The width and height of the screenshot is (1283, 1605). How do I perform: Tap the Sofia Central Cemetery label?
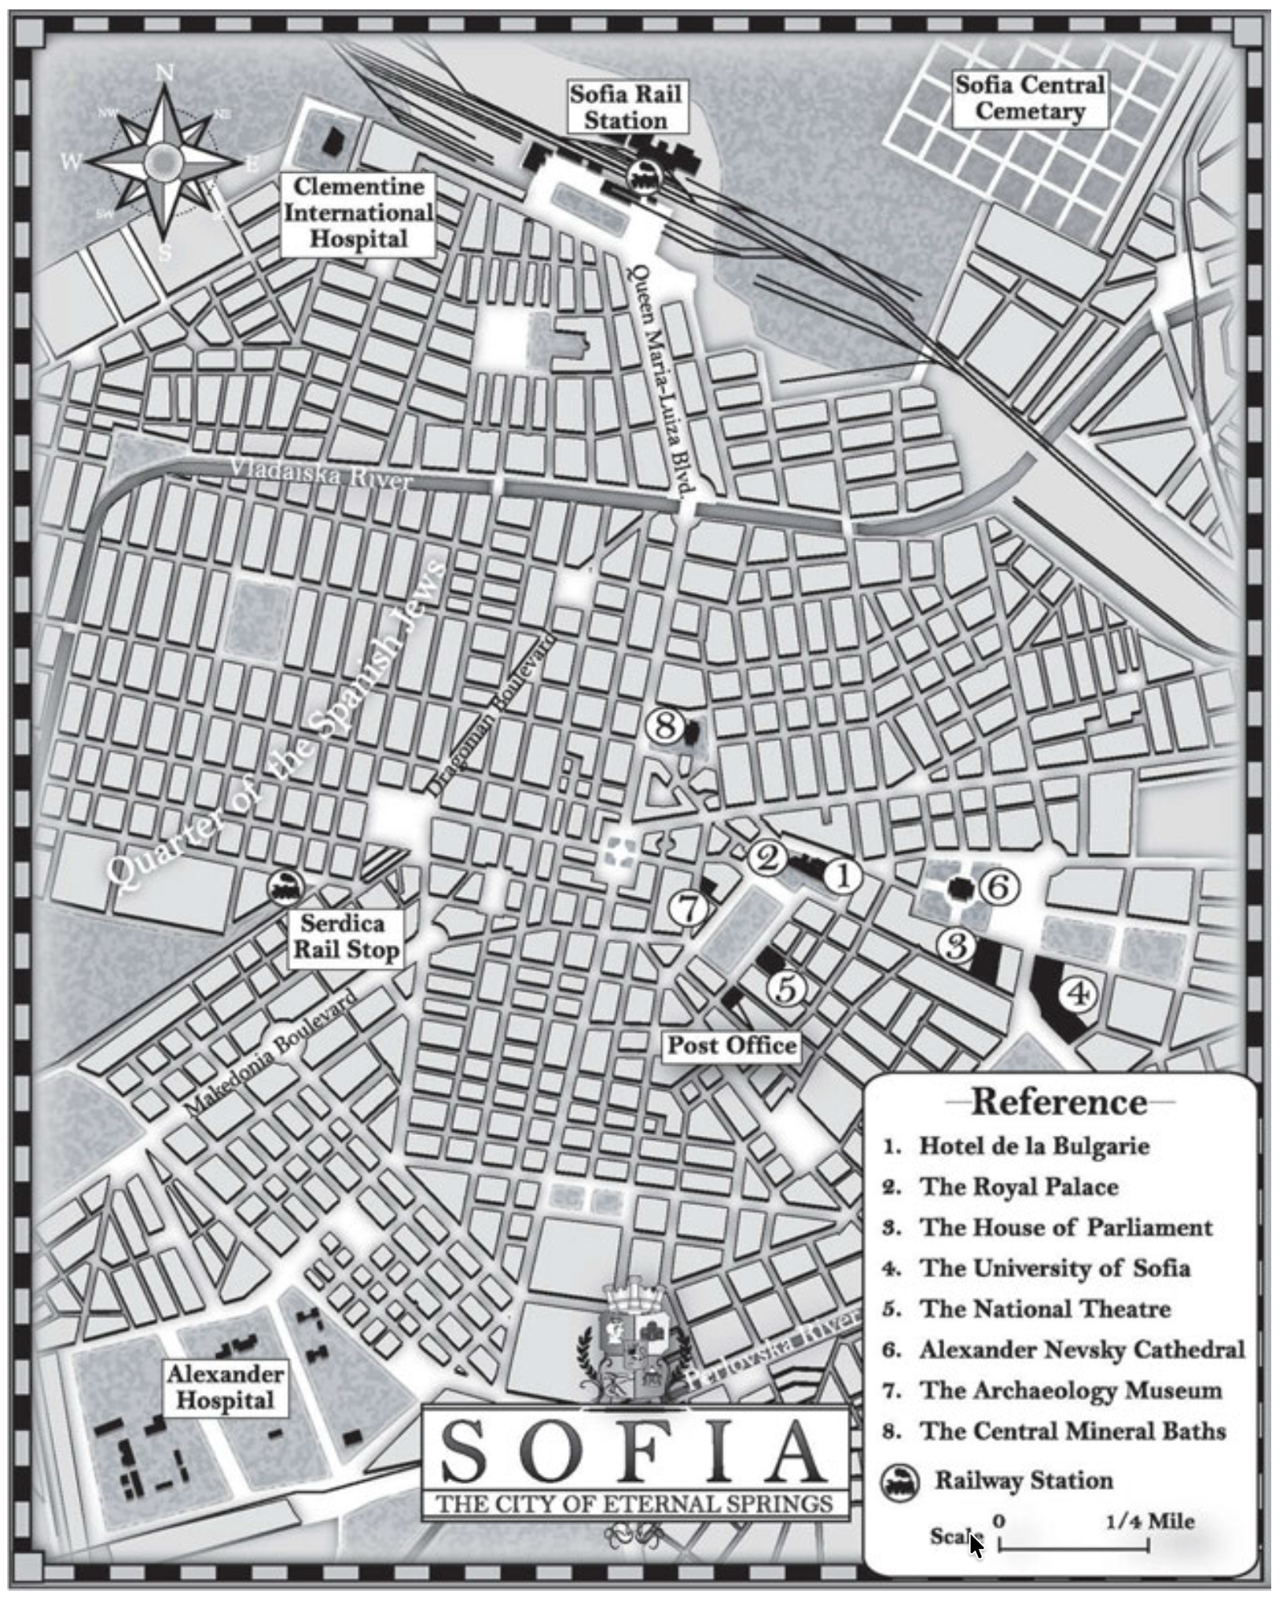[1029, 98]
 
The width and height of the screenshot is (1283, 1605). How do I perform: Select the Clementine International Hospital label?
[358, 213]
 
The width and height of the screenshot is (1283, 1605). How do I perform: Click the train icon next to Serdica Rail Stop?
[285, 887]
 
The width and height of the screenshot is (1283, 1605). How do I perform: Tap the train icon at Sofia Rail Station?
[642, 174]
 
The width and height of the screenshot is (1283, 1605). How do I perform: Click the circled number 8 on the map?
[665, 725]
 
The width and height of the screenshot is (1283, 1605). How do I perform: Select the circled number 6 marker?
[998, 887]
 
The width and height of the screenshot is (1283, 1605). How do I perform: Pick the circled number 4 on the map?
[1078, 994]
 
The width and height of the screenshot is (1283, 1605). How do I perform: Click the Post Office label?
[731, 1045]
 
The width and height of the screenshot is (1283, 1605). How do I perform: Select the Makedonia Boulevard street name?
[271, 1051]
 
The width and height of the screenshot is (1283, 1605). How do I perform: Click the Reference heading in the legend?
[1059, 1102]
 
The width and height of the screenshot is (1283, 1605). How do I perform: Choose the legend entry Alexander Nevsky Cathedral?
[1081, 1350]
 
